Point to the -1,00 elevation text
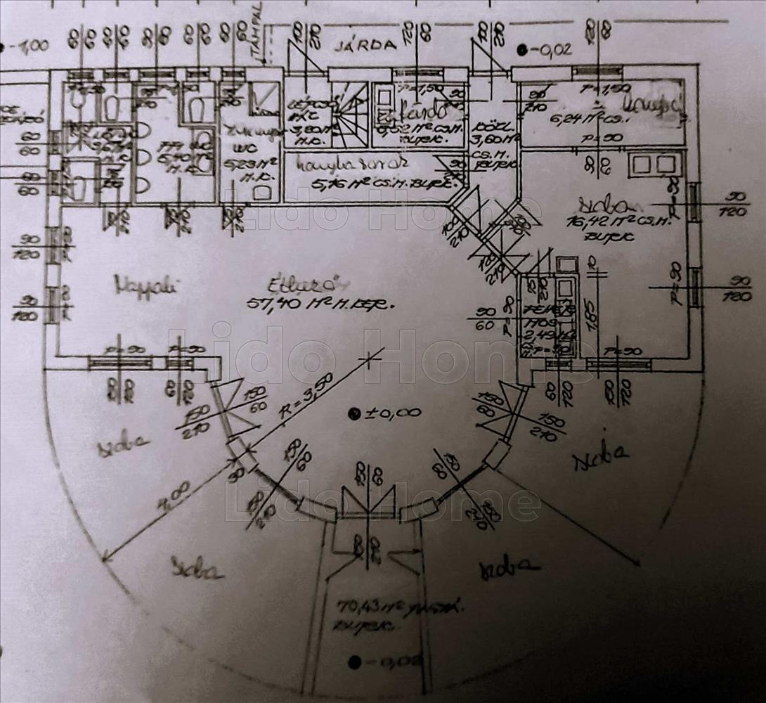click(x=27, y=47)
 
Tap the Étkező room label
click(x=307, y=285)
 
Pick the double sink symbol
click(x=654, y=165)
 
